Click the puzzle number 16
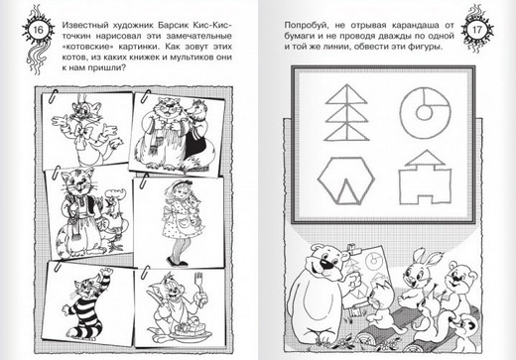coord(39,30)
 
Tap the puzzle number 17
coord(476,30)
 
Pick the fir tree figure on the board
coord(346,112)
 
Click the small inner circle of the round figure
coord(424,111)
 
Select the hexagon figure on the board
coord(346,180)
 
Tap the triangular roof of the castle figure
coord(426,158)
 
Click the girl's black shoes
coord(178,261)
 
